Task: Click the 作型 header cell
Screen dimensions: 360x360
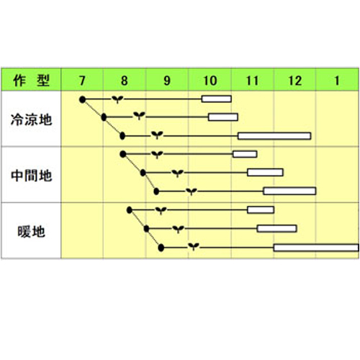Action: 31,80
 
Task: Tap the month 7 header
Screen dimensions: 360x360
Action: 82,81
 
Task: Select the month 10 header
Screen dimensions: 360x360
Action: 210,81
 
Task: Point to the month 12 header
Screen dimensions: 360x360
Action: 294,81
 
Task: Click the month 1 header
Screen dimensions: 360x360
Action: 337,81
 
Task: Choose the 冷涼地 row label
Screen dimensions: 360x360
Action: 31,120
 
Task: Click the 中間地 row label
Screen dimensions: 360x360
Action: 31,176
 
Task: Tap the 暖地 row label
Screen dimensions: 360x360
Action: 31,232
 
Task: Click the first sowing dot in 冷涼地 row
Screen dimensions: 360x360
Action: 82,99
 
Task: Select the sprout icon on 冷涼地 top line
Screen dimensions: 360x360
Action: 117,99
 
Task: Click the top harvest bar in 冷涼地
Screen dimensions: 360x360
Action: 217,99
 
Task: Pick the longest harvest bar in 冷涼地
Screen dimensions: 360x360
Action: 274,136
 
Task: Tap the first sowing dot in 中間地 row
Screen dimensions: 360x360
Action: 123,154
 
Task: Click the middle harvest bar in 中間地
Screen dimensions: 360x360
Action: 265,172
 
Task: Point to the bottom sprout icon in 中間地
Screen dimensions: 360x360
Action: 192,192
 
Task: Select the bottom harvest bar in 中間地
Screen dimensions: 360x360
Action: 289,191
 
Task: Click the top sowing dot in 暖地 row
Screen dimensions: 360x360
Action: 130,210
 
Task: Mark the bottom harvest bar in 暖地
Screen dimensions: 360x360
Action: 316,248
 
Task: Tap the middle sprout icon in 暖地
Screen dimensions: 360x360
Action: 179,229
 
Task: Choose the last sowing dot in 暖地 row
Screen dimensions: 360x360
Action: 161,248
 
